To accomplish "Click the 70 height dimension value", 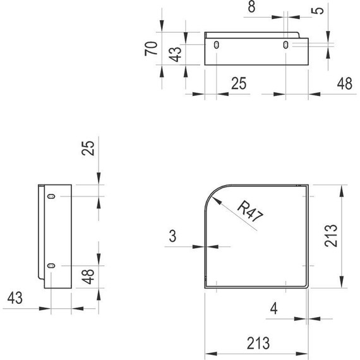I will tap(151, 49).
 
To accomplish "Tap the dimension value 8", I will tap(251, 8).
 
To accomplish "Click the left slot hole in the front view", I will tap(217, 45).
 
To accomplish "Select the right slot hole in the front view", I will tap(286, 45).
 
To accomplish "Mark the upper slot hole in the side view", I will tap(52, 197).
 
